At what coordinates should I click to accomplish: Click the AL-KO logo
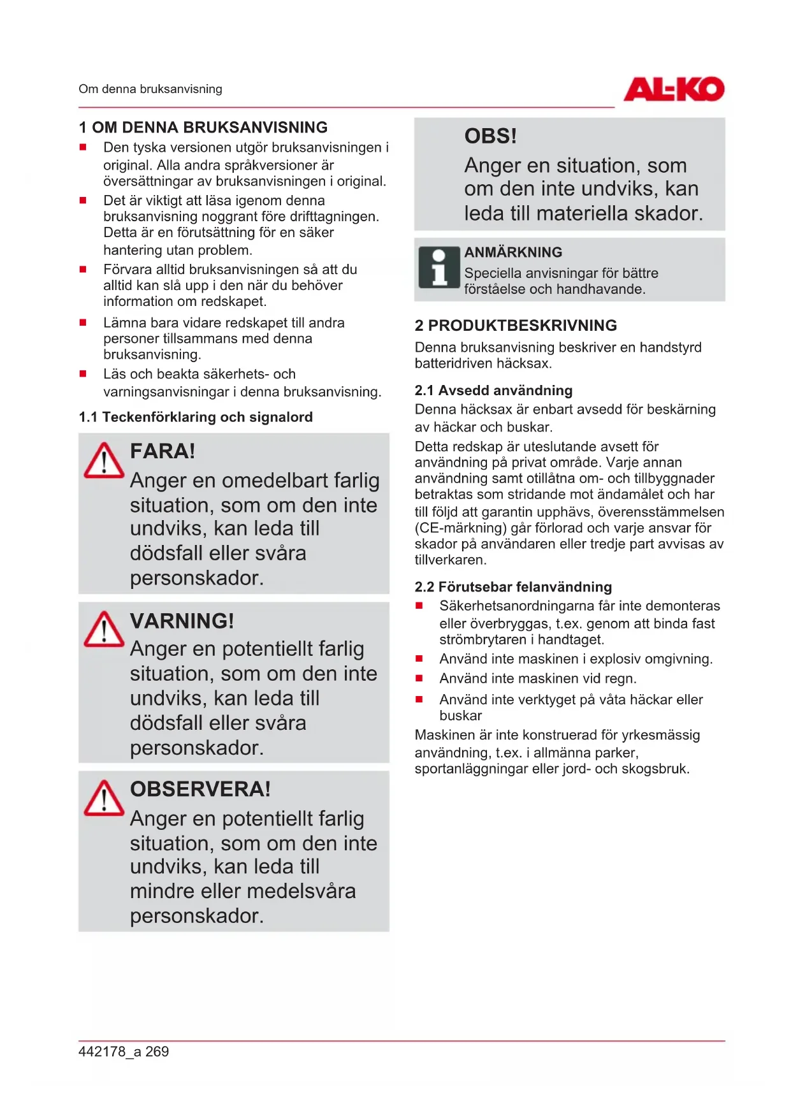[x=674, y=89]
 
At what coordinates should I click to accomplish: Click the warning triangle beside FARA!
[x=104, y=461]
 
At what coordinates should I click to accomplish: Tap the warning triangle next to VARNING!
[x=104, y=630]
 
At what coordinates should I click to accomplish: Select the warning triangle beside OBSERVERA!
[x=104, y=799]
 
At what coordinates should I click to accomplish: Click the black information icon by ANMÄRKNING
[x=439, y=268]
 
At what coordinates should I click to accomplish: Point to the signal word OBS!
[x=490, y=136]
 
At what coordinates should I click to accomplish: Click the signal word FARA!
[x=163, y=451]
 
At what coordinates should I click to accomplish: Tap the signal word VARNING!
[x=182, y=621]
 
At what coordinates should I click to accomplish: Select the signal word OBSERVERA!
[x=200, y=789]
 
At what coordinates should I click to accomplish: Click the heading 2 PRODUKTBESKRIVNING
[x=516, y=326]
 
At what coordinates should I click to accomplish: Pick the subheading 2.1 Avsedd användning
[x=493, y=391]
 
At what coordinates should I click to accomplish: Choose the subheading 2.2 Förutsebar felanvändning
[x=513, y=587]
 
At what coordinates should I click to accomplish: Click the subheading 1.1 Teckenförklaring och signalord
[x=196, y=417]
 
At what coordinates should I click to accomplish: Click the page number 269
[x=157, y=1052]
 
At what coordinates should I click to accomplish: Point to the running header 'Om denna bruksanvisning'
[x=150, y=89]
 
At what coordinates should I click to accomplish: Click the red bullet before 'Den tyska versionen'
[x=83, y=147]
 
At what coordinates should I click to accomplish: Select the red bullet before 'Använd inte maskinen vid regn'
[x=419, y=679]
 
